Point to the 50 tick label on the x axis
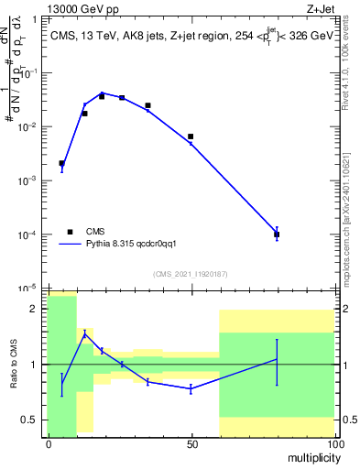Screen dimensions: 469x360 (191, 444)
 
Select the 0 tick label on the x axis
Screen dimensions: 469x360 (49, 444)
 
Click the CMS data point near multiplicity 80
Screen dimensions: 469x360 (277, 234)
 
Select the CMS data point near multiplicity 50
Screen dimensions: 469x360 (191, 136)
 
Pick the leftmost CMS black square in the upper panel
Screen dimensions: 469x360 (61, 163)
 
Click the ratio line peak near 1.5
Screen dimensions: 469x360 (84, 334)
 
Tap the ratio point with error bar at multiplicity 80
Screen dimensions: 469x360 (277, 359)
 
